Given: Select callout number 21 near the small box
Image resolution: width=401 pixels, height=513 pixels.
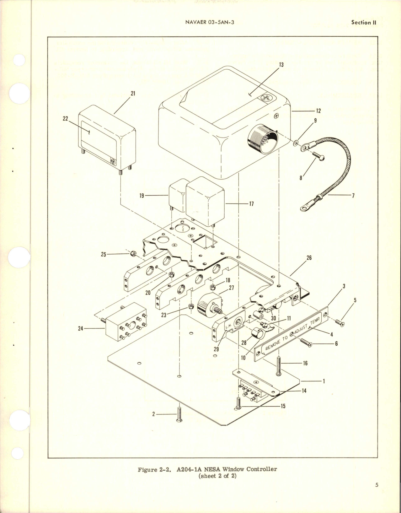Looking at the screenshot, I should (133, 93).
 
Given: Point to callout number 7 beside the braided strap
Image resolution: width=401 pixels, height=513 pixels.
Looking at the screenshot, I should (353, 196).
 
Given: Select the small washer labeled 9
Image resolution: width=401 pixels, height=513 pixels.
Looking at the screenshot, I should (296, 143).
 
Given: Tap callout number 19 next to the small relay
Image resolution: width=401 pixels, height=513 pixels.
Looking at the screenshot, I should (142, 196).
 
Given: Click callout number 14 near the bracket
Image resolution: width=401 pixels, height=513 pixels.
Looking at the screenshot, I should (304, 391).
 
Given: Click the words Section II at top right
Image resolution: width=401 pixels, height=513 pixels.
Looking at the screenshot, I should (364, 23).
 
